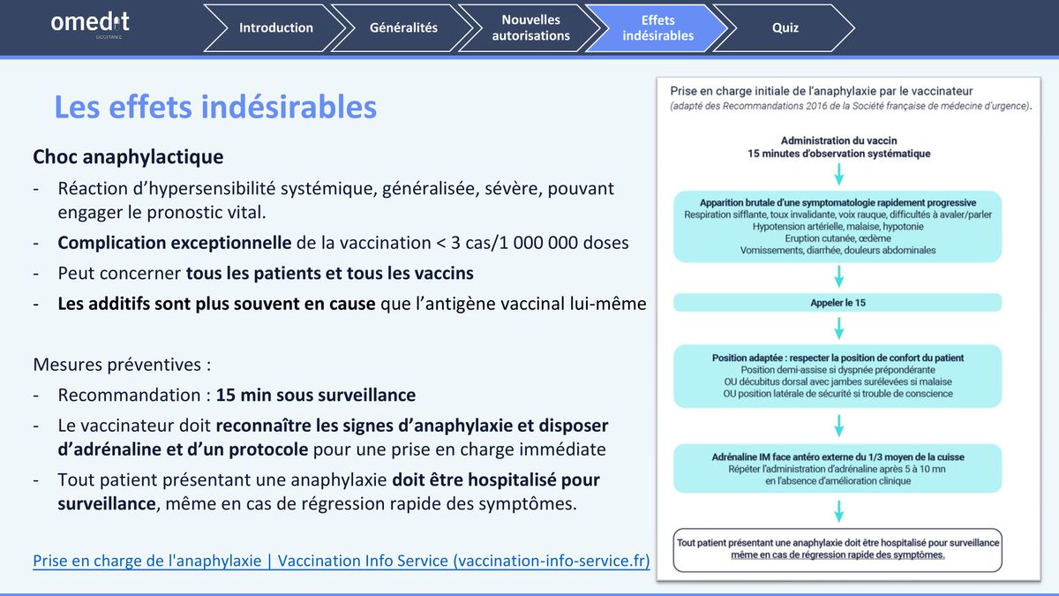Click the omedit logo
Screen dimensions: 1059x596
click(x=90, y=25)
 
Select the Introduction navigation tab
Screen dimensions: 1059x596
click(x=275, y=28)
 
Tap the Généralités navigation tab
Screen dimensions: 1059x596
click(x=402, y=28)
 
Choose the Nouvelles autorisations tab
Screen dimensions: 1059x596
click(x=530, y=28)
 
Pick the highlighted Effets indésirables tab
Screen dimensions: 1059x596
click(x=657, y=28)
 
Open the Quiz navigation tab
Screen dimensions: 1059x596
click(x=785, y=28)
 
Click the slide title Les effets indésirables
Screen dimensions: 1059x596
click(x=215, y=107)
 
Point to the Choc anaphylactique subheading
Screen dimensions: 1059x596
click(x=128, y=157)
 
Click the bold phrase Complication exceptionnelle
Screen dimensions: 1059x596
click(x=175, y=243)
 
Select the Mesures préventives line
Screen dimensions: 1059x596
click(x=122, y=365)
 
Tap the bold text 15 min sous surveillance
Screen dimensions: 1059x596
click(x=316, y=395)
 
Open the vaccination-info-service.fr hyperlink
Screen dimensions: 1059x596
click(x=342, y=561)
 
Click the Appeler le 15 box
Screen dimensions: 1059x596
click(x=837, y=303)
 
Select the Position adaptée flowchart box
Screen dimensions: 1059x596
click(x=837, y=376)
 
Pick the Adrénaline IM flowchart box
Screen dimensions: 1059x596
click(x=837, y=468)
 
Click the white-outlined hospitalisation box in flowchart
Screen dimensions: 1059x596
click(x=837, y=549)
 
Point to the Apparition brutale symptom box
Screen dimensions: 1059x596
click(x=837, y=227)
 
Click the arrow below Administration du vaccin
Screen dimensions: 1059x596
click(x=839, y=174)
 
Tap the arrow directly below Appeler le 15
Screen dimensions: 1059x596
click(x=839, y=328)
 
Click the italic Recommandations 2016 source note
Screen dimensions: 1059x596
click(x=851, y=106)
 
